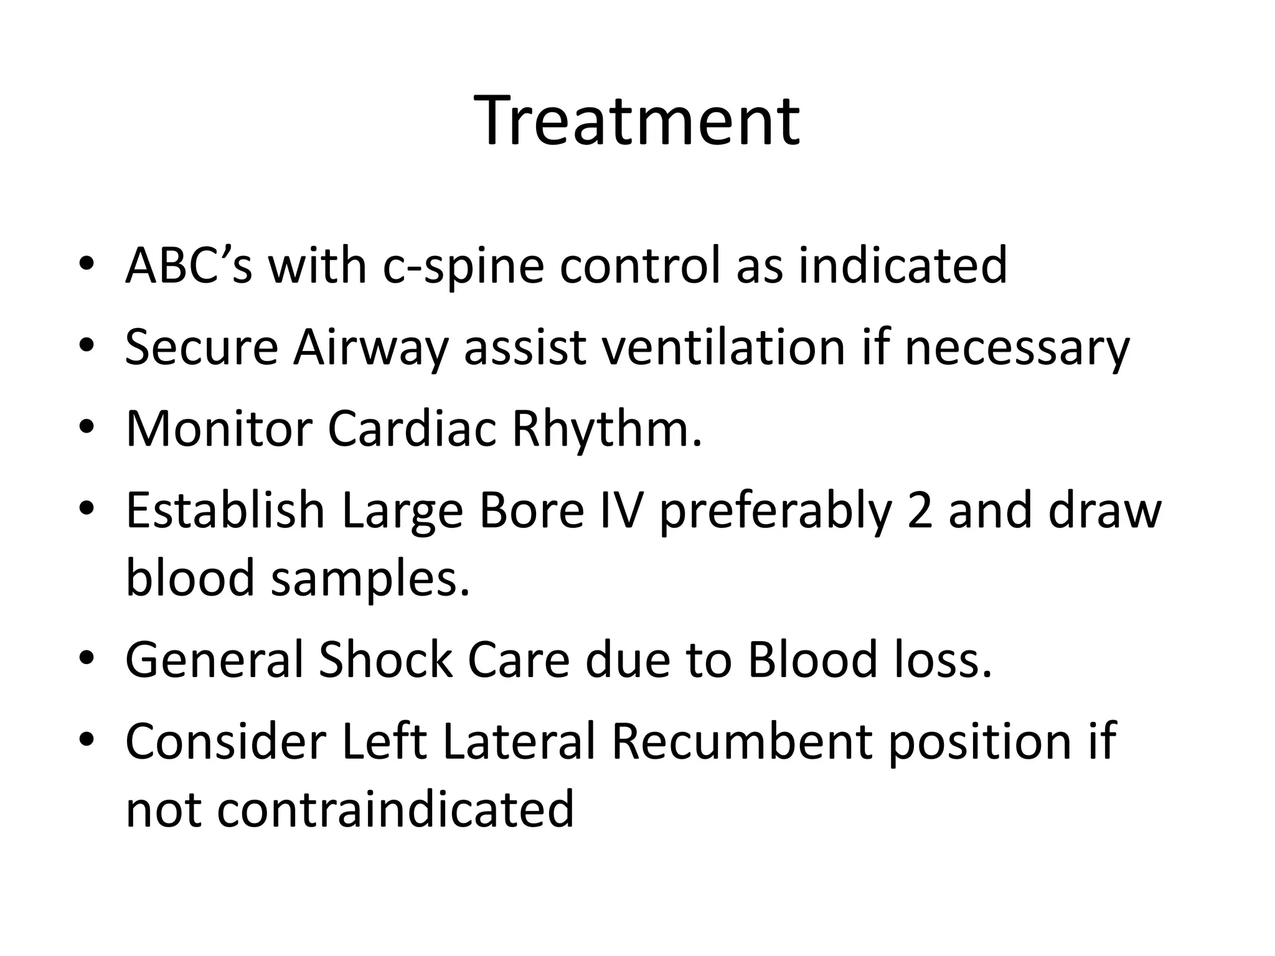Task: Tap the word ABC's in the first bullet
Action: pos(189,265)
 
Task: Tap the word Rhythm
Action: pos(605,430)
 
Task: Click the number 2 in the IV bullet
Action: pos(921,511)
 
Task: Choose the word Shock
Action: pos(385,660)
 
